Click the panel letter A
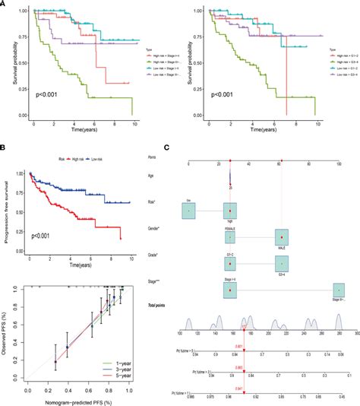point(5,5)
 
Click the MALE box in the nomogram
point(281,238)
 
